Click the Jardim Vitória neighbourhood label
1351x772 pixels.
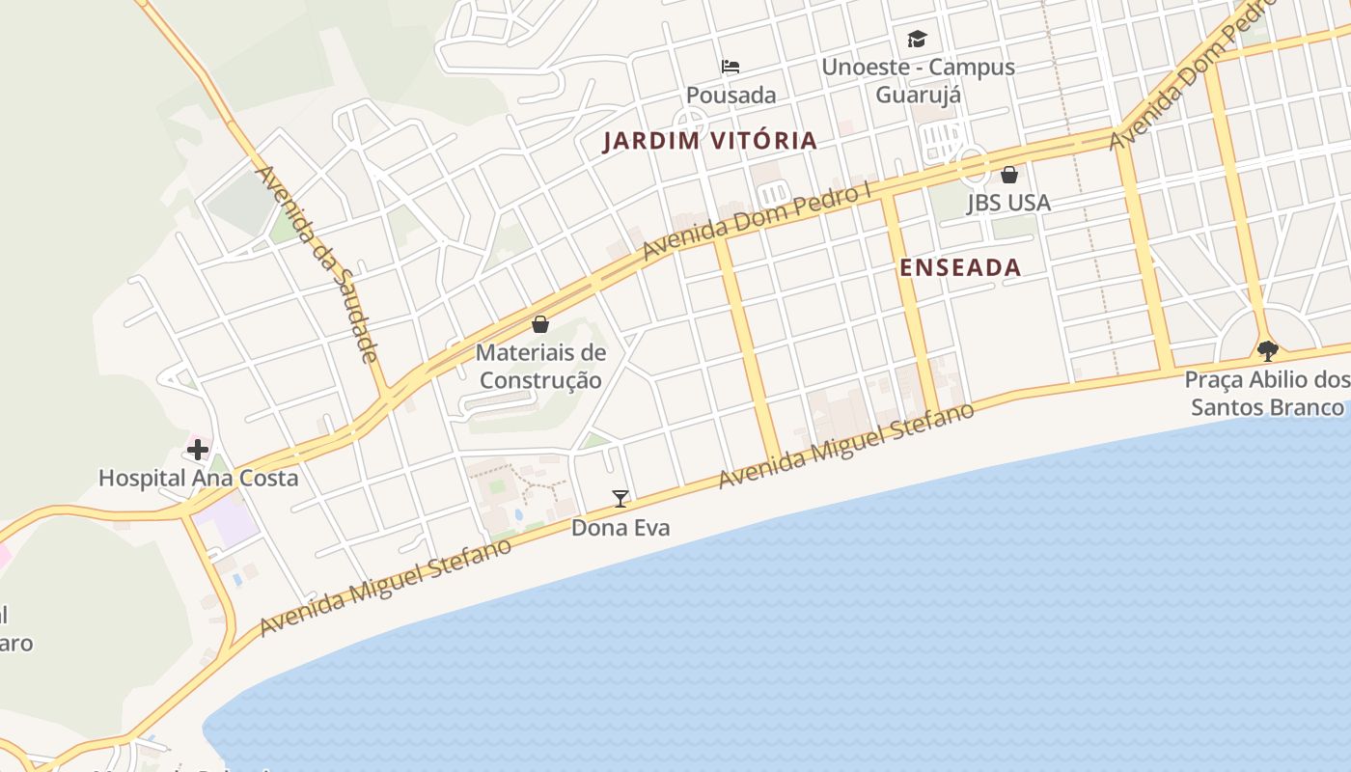pos(710,141)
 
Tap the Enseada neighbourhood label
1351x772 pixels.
pos(960,268)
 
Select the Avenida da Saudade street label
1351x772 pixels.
pos(317,263)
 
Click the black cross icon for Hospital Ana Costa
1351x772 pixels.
pos(198,450)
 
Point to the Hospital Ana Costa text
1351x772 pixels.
pos(199,478)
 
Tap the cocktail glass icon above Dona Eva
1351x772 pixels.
pos(620,499)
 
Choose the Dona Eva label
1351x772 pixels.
pos(620,528)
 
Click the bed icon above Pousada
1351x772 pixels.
pos(731,67)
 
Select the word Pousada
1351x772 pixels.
pos(731,95)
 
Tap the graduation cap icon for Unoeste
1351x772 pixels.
pos(917,40)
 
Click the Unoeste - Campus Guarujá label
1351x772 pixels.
pos(918,81)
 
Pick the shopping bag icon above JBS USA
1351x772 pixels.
pos(1009,175)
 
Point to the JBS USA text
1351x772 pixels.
pos(1009,203)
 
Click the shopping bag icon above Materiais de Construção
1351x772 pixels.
pos(540,324)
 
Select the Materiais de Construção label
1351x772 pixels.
pos(540,367)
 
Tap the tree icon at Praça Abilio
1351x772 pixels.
pos(1267,351)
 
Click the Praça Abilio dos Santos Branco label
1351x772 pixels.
pos(1267,394)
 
